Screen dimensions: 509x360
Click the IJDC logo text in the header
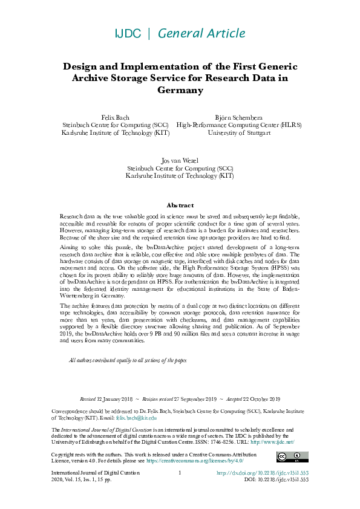click(128, 34)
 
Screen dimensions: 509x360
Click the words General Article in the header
click(201, 34)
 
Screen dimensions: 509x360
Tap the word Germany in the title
click(180, 90)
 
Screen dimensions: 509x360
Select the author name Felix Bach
click(115, 117)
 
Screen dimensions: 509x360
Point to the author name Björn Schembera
click(238, 117)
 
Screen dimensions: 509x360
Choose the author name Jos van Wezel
click(180, 160)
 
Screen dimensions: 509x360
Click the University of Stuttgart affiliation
click(238, 133)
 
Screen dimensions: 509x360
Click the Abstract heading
click(180, 206)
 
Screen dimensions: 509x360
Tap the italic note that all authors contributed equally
click(128, 360)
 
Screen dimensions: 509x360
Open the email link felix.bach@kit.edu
click(136, 418)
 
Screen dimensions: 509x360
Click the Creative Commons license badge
click(289, 457)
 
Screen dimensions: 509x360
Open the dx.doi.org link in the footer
click(263, 473)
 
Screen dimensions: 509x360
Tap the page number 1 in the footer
click(180, 473)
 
